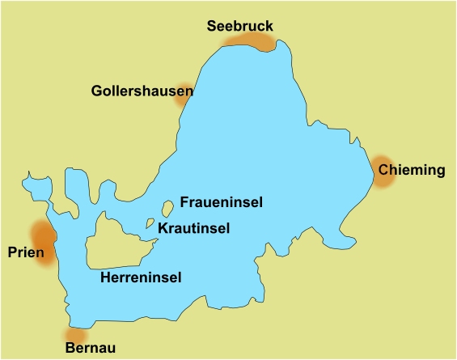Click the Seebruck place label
[239, 26]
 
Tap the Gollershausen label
[142, 91]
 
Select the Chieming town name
[412, 170]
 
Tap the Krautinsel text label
[193, 228]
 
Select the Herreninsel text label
[140, 277]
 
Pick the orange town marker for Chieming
[381, 172]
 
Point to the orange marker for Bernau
[74, 334]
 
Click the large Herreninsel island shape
[113, 243]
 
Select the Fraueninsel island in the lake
[167, 208]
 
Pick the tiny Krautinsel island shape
[150, 222]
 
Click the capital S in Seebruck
[212, 26]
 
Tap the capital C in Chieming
[384, 170]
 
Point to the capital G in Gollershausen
[96, 91]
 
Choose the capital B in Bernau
[67, 348]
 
